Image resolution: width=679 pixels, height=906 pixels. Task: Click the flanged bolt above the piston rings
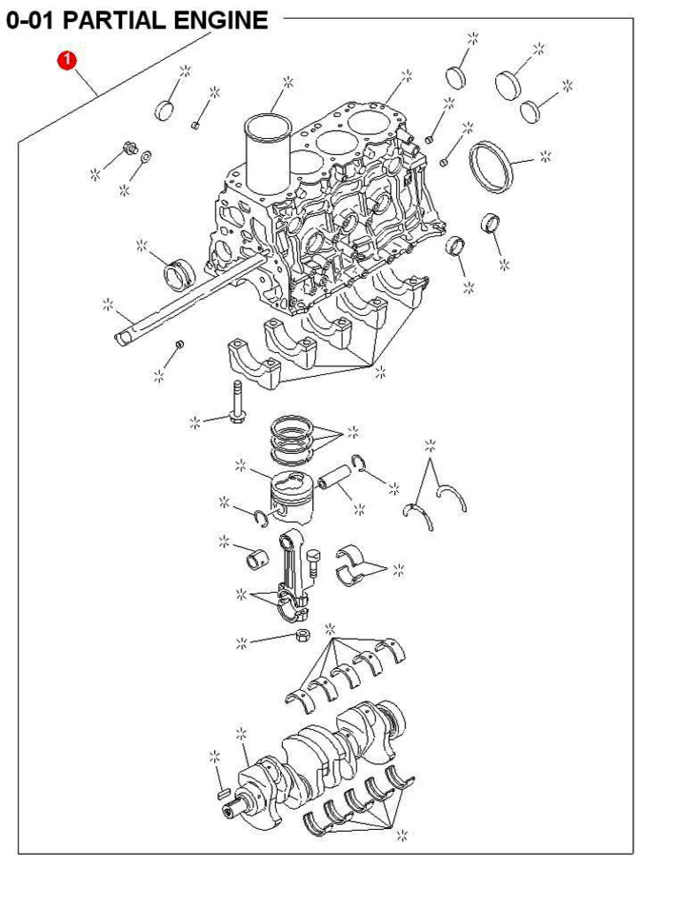click(238, 403)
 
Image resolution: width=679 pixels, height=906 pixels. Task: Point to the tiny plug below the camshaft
click(179, 343)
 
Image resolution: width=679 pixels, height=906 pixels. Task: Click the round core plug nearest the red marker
click(165, 110)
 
